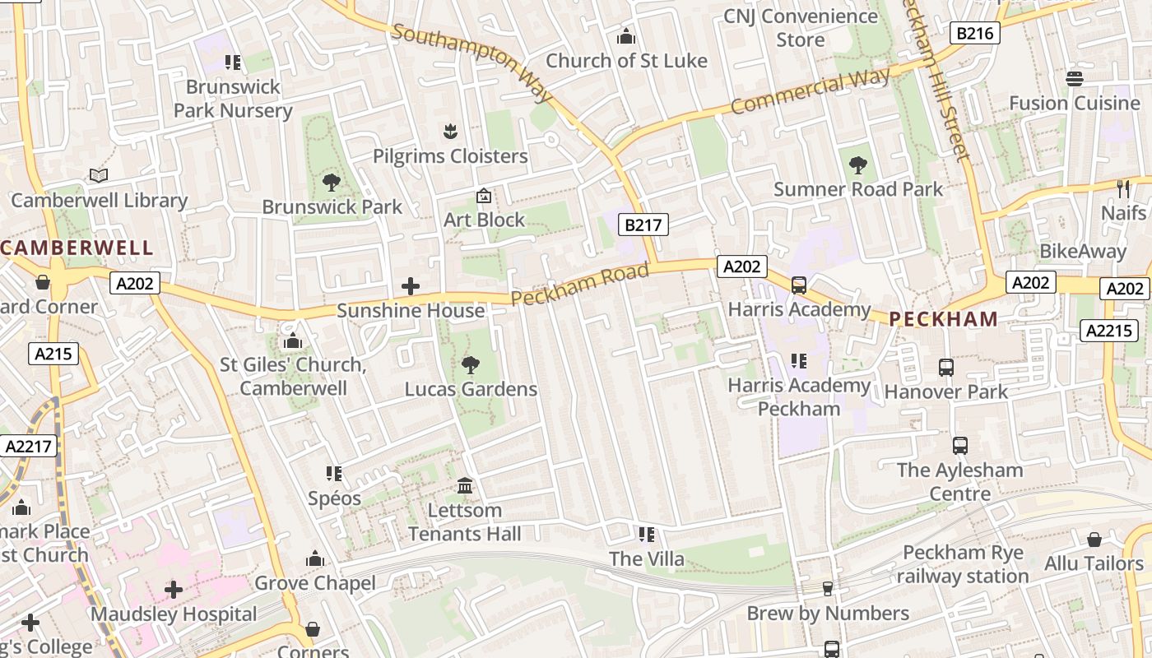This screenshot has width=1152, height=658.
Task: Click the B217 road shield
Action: pyautogui.click(x=643, y=225)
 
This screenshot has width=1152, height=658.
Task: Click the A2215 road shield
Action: pyautogui.click(x=1108, y=331)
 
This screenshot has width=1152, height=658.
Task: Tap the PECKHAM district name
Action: pyautogui.click(x=944, y=319)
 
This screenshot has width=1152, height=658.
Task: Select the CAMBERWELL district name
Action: pyautogui.click(x=77, y=248)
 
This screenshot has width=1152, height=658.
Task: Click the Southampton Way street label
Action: pyautogui.click(x=472, y=63)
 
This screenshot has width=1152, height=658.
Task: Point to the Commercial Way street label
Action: pyautogui.click(x=810, y=92)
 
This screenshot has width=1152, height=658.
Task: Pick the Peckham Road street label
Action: pyautogui.click(x=580, y=285)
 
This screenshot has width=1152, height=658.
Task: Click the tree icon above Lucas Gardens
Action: pyautogui.click(x=471, y=364)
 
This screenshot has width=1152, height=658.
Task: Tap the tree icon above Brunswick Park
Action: pyautogui.click(x=332, y=182)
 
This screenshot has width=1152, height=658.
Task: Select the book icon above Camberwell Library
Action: pyautogui.click(x=99, y=175)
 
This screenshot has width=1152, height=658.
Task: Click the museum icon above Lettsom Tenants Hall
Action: pyautogui.click(x=465, y=485)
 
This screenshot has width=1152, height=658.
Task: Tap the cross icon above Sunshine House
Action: pyautogui.click(x=410, y=286)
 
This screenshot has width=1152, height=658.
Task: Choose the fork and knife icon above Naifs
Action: pyautogui.click(x=1123, y=188)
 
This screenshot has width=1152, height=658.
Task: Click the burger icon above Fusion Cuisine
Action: pyautogui.click(x=1074, y=78)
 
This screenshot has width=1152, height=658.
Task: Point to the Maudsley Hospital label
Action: pyautogui.click(x=174, y=614)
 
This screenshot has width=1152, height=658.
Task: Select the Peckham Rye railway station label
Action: pyautogui.click(x=962, y=564)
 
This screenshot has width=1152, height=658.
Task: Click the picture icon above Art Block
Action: pyautogui.click(x=484, y=196)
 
